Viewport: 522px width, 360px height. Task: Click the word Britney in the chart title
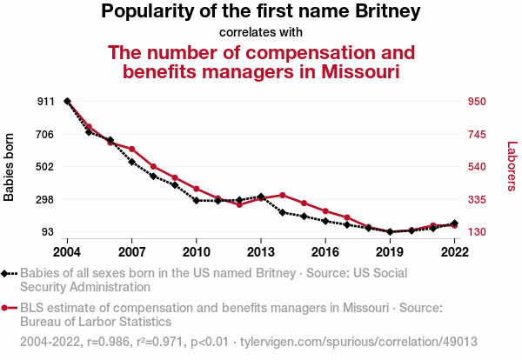(x=383, y=12)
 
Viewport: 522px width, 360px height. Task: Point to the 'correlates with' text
(x=261, y=32)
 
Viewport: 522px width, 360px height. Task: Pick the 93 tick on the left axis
(x=49, y=232)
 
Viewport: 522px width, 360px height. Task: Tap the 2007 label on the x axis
(x=131, y=251)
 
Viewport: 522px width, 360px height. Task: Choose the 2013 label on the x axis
(x=261, y=251)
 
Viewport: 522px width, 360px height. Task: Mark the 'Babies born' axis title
(x=10, y=167)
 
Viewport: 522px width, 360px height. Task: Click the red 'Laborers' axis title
(x=512, y=167)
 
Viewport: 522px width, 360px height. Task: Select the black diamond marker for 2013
(x=261, y=197)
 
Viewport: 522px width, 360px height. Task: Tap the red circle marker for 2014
(x=283, y=195)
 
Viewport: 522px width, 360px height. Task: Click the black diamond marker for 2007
(x=131, y=162)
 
